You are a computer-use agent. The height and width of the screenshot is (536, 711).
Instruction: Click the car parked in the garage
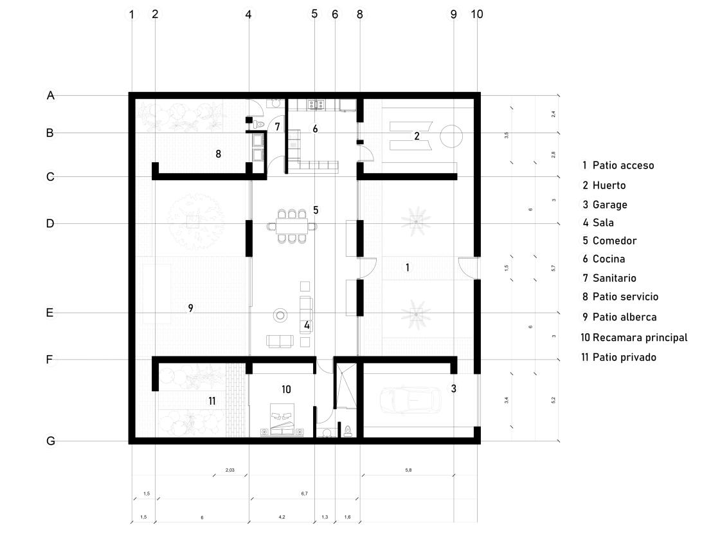pos(410,400)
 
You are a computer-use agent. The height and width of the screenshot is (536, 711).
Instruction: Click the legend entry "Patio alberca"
pos(619,317)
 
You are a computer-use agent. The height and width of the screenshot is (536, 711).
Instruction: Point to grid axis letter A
pos(50,96)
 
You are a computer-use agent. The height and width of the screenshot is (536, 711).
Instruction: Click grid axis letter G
pos(50,441)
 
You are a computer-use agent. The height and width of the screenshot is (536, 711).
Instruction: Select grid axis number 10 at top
pos(477,14)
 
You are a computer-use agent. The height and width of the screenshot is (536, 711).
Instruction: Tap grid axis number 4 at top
pos(249,14)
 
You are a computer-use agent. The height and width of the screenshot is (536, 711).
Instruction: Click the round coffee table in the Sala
pos(281,315)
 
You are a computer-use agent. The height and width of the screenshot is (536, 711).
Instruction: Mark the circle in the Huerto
pos(450,136)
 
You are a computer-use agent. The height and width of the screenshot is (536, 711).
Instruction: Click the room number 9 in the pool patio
pos(190,308)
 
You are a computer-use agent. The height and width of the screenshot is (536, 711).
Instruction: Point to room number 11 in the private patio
pos(212,401)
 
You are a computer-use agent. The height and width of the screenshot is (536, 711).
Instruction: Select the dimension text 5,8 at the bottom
pos(408,470)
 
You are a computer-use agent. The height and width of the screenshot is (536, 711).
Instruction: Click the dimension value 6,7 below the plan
pos(304,494)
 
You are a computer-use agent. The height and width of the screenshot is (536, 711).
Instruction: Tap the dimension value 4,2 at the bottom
pos(282,517)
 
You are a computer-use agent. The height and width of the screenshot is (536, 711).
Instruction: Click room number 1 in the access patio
pos(407,267)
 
